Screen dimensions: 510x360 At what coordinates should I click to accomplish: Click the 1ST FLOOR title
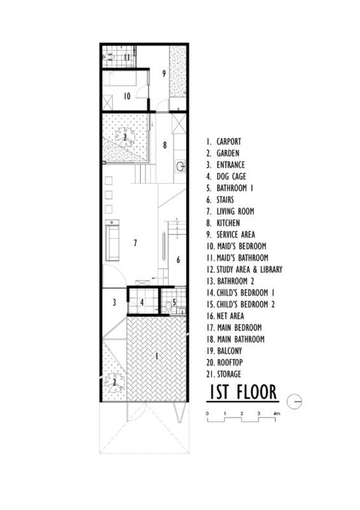tap(241, 392)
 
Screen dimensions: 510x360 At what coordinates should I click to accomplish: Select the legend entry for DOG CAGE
tap(227, 176)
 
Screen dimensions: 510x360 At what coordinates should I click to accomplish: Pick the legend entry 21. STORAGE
tap(228, 374)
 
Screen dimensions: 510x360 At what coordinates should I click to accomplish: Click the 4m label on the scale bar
tap(276, 414)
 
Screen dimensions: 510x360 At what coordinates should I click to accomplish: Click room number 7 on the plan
tap(135, 242)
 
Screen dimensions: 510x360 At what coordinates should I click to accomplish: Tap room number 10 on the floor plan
tap(127, 96)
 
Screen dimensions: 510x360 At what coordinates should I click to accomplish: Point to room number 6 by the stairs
tap(178, 259)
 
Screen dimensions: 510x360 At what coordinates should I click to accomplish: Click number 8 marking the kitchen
tap(164, 145)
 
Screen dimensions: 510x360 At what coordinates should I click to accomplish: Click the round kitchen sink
tap(181, 167)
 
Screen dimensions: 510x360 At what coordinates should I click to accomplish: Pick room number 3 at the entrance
tap(114, 302)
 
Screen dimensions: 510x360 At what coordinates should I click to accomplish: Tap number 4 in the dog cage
tap(143, 303)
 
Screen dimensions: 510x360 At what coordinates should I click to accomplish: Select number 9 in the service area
tap(164, 73)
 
